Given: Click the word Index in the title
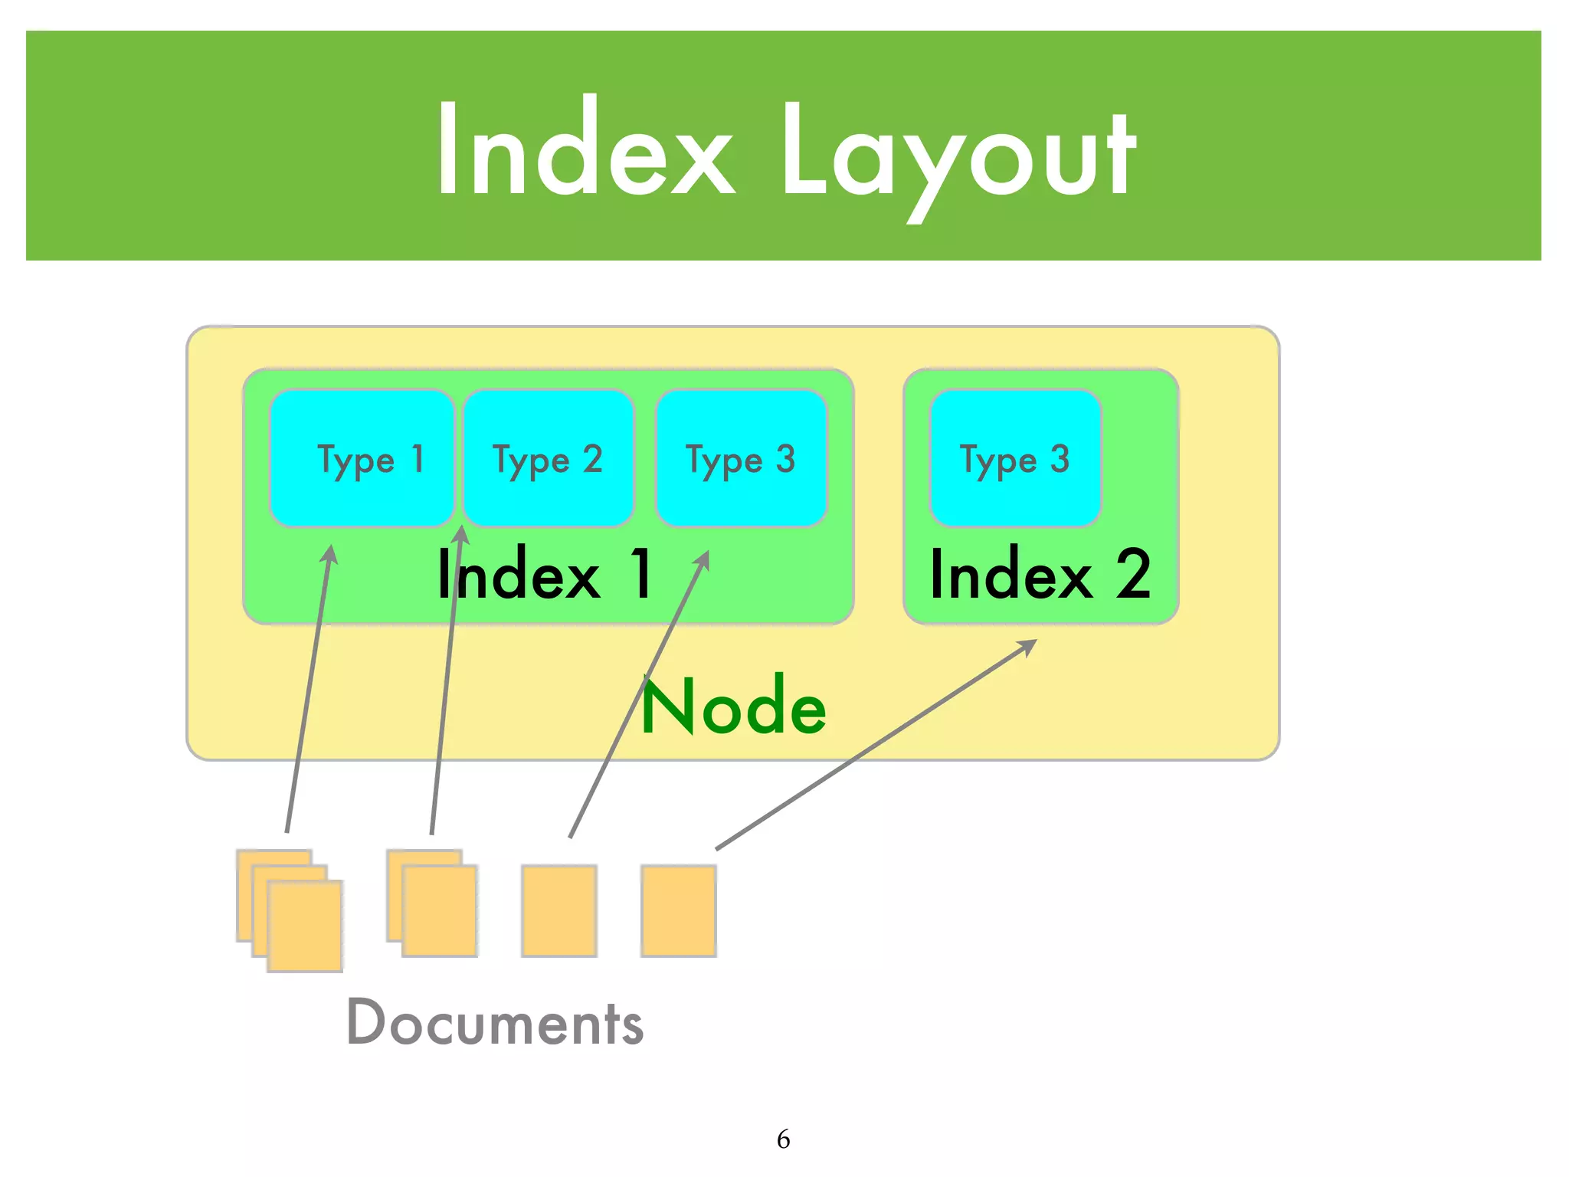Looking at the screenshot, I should pos(586,149).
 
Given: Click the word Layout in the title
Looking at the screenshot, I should pos(958,153).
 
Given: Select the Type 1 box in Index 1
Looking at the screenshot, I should pos(362,458).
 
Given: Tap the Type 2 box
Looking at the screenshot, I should pos(549,458).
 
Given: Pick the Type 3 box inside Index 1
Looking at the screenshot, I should pos(742,458).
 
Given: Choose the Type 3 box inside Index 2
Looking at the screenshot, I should pos(1015,458).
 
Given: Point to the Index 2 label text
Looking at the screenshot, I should pos(1040,575).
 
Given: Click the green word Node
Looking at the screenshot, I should pos(733,707).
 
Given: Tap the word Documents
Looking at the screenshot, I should pos(495,1023).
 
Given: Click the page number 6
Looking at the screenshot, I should pos(783,1139).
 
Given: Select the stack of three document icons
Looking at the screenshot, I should pos(290,910).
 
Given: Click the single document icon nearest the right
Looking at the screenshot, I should pos(679,910).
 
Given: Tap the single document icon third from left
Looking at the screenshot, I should pos(559,910).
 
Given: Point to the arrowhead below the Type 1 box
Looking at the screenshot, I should pos(329,553).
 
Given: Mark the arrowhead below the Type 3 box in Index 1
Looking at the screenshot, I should pos(703,559).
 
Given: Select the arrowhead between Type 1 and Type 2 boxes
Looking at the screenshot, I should pos(460,535).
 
